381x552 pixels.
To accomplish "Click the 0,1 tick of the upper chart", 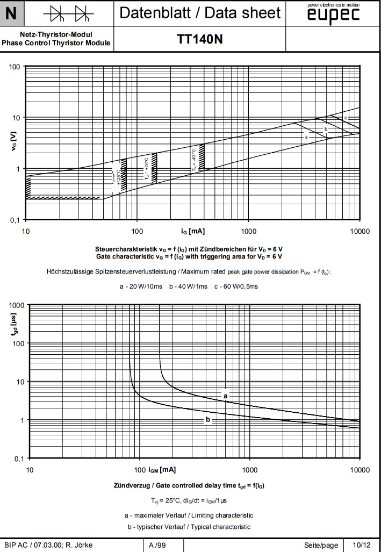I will [x=17, y=220].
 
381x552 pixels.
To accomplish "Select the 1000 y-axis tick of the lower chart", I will [x=17, y=305].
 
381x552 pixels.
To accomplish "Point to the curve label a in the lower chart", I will [x=226, y=396].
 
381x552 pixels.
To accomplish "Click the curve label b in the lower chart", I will [x=207, y=419].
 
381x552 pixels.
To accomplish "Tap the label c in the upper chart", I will [x=346, y=118].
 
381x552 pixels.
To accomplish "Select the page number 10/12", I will [x=361, y=546].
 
